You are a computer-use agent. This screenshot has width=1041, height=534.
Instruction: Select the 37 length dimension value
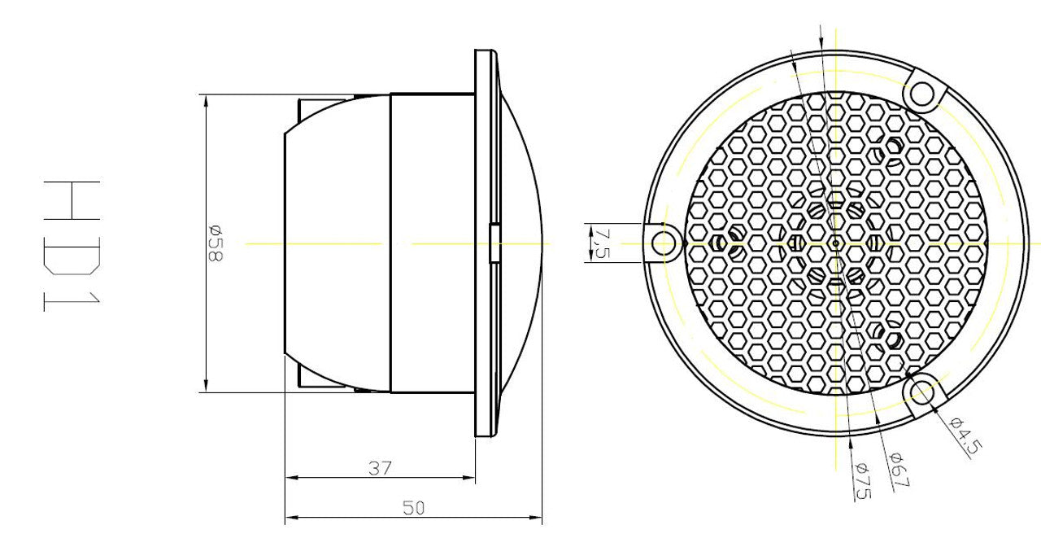[380, 468]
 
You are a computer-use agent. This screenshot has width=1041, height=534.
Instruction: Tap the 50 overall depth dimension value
[414, 508]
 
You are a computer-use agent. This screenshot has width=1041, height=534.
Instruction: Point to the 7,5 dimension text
[602, 243]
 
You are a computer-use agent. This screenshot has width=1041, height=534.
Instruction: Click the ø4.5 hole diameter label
[966, 436]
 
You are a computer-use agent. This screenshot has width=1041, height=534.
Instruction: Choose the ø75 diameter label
[861, 480]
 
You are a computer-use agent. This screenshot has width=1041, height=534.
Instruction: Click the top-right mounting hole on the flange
[921, 94]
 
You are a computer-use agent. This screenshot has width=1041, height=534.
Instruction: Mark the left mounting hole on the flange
[664, 243]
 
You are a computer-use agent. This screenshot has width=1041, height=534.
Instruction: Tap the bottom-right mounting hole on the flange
[921, 392]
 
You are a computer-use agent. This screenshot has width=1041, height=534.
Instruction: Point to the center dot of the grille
[835, 243]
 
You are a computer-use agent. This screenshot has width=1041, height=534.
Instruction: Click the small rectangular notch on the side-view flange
[494, 243]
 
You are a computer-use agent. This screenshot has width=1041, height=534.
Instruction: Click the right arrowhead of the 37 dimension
[469, 478]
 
